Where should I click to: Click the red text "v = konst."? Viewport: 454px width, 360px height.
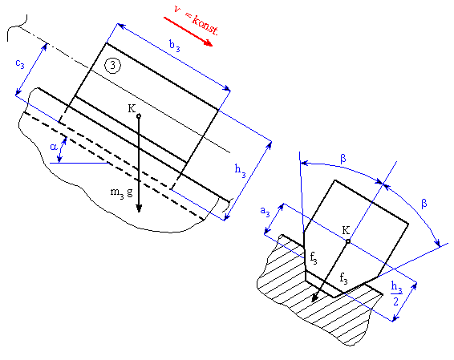(196, 20)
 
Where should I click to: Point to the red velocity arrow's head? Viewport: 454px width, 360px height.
(209, 43)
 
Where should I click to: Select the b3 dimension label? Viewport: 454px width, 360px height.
(175, 47)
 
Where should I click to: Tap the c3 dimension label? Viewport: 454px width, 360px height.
(20, 63)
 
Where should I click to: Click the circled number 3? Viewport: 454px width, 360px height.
(112, 66)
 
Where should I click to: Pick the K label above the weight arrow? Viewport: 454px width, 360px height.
(132, 108)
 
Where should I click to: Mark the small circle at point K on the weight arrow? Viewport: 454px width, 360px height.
(139, 116)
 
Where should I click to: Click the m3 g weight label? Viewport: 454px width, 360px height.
(122, 192)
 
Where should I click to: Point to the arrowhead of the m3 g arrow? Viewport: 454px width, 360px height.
(139, 208)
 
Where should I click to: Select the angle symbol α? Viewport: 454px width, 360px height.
(54, 148)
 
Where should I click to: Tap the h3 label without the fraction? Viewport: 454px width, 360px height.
(240, 170)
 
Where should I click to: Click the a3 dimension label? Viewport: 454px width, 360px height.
(265, 211)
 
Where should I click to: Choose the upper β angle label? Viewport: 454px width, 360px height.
(343, 159)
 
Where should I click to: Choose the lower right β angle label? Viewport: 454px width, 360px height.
(424, 204)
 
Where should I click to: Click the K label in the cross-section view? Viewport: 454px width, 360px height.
(346, 230)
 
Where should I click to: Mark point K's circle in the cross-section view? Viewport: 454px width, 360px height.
(348, 241)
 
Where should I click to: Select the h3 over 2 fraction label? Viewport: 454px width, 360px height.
(396, 293)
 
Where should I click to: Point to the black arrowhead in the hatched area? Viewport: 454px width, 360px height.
(314, 298)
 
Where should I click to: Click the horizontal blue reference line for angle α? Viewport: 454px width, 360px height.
(79, 164)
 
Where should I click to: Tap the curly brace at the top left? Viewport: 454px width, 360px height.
(18, 27)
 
